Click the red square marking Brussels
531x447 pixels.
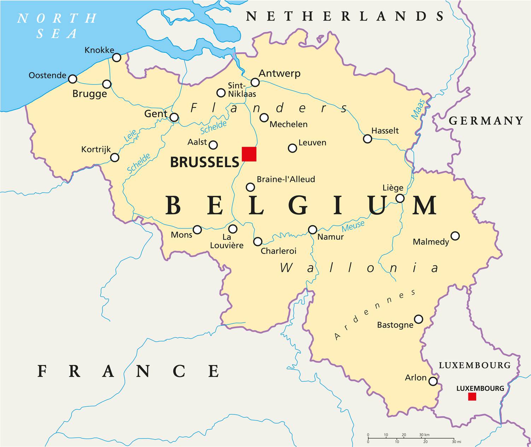[x=249, y=154]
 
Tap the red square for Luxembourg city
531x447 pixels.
[x=472, y=396]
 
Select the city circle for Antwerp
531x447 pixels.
[x=255, y=83]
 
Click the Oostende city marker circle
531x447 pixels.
[x=72, y=79]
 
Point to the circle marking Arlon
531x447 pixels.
[x=433, y=381]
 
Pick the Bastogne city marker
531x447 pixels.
[x=419, y=319]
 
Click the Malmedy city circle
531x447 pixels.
[x=455, y=236]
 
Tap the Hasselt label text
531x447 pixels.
[x=385, y=131]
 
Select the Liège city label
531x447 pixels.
[x=393, y=188]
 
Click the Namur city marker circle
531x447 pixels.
[x=313, y=230]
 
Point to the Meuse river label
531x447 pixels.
[x=353, y=226]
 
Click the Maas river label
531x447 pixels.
[x=418, y=109]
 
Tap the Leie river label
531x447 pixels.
[x=130, y=136]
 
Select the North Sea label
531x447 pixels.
[x=57, y=26]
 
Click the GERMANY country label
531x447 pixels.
[x=486, y=121]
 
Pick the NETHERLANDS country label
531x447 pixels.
[x=345, y=16]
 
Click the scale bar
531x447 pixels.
[x=411, y=439]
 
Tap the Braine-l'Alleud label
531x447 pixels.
[x=286, y=179]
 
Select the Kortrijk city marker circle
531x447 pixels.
[x=115, y=158]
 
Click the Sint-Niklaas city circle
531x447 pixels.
[x=221, y=93]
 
